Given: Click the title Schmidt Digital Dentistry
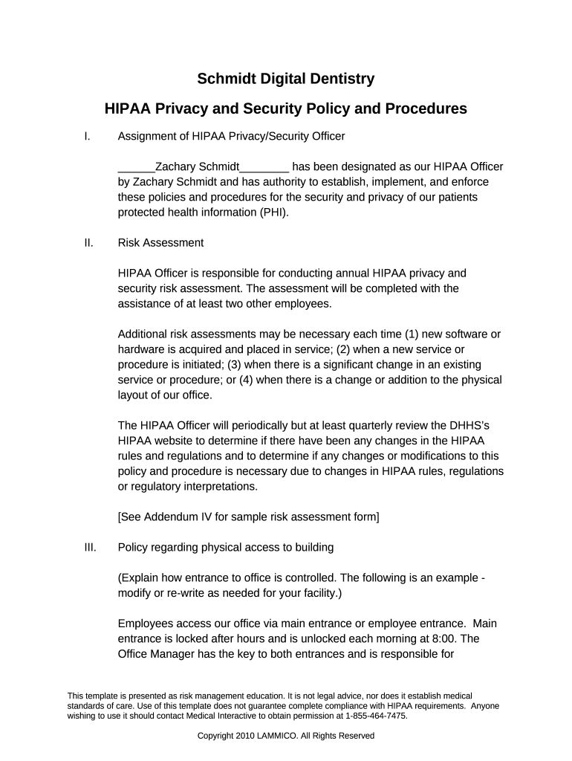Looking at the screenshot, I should pos(285,79).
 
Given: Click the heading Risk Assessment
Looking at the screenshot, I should pos(160,243).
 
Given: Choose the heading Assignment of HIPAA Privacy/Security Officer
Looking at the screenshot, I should pos(231,136).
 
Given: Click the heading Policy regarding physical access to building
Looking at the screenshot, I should pos(226,548).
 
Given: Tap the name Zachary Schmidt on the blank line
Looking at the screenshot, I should pos(197,166).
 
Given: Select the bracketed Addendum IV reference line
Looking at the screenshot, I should pos(248,517).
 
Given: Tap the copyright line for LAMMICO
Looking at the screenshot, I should pos(285,736).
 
